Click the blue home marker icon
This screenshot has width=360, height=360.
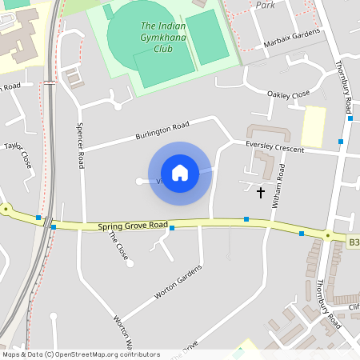tap(180, 173)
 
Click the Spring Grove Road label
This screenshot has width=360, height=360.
tap(133, 226)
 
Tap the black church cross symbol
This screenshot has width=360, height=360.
tap(260, 192)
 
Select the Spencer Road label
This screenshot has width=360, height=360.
tap(80, 144)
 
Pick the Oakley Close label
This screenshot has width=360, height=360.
tap(288, 94)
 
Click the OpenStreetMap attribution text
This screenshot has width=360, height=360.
tap(80, 354)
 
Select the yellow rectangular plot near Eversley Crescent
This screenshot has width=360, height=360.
tap(313, 126)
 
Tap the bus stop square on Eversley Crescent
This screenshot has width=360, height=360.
tap(341, 141)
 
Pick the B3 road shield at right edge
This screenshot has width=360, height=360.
tap(354, 241)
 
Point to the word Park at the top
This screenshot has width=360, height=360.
tap(265, 4)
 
